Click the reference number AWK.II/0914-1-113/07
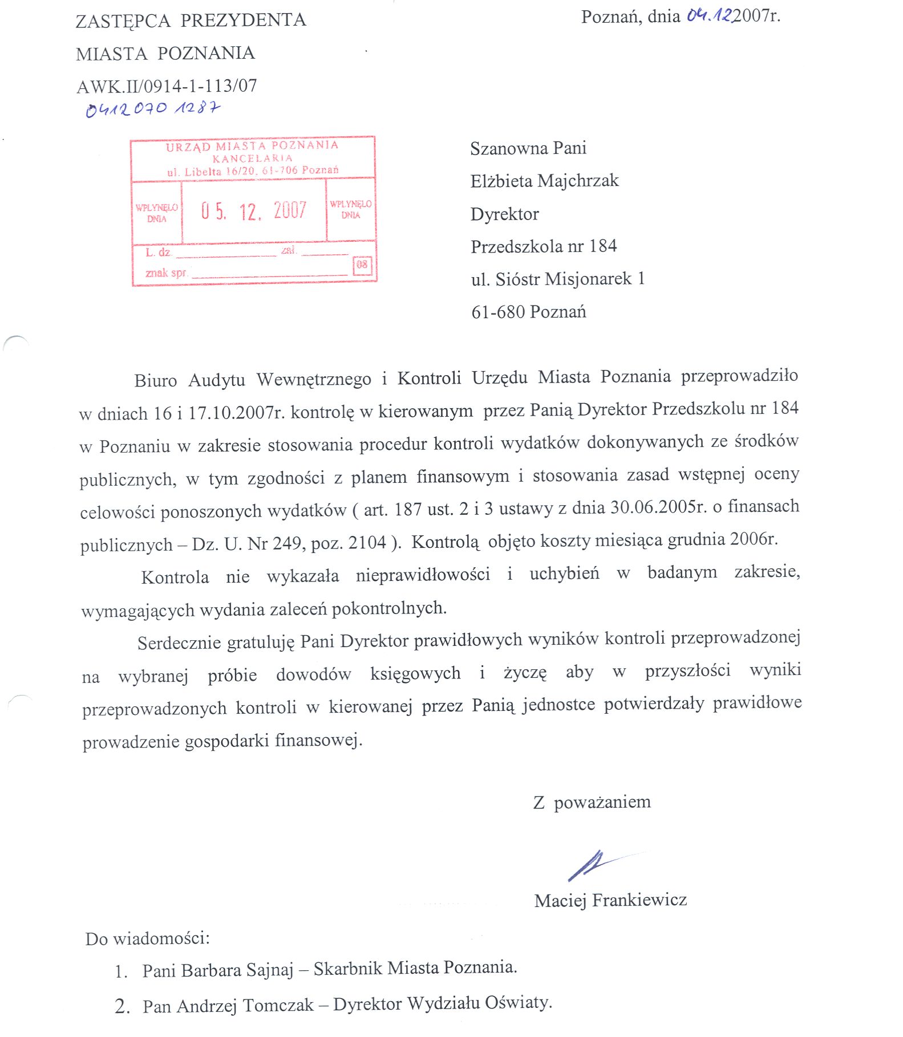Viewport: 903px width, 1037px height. pyautogui.click(x=167, y=86)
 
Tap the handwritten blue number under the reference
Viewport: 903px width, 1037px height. pyautogui.click(x=152, y=108)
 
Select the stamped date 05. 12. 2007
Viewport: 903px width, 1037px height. pyautogui.click(x=254, y=211)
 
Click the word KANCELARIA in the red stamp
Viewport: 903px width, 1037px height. pyautogui.click(x=252, y=158)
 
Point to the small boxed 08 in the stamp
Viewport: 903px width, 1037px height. pyautogui.click(x=362, y=265)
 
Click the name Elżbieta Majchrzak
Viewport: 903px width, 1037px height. pyautogui.click(x=544, y=181)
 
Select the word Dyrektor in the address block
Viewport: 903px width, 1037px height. pyautogui.click(x=504, y=214)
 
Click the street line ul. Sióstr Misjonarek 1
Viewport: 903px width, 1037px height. pyautogui.click(x=557, y=279)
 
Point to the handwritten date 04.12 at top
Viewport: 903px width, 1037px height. pyautogui.click(x=709, y=15)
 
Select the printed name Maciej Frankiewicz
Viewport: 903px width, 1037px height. pyautogui.click(x=610, y=900)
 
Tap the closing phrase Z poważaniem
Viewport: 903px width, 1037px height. pyautogui.click(x=592, y=802)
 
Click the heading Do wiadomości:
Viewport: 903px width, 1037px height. pyautogui.click(x=147, y=938)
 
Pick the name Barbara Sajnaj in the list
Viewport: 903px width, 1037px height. pyautogui.click(x=238, y=970)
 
